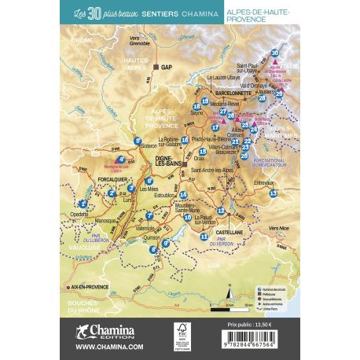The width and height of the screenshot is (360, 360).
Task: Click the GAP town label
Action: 166,68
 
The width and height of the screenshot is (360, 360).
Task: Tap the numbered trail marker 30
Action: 274,53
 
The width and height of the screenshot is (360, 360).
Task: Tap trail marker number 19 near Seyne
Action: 205,102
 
